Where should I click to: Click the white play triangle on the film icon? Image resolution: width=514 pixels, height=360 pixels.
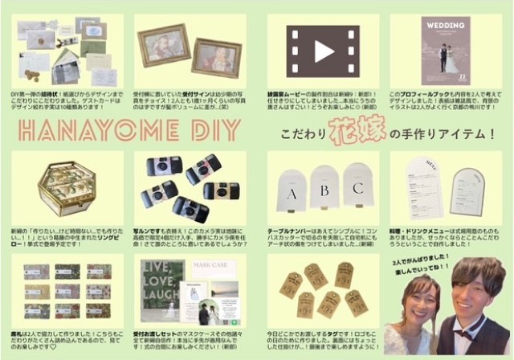tap(324, 50)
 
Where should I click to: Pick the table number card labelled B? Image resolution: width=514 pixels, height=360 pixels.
tap(324, 190)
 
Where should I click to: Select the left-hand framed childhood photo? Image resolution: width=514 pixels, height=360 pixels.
tap(163, 45)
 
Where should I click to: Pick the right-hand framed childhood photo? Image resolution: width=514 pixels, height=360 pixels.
tap(218, 57)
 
